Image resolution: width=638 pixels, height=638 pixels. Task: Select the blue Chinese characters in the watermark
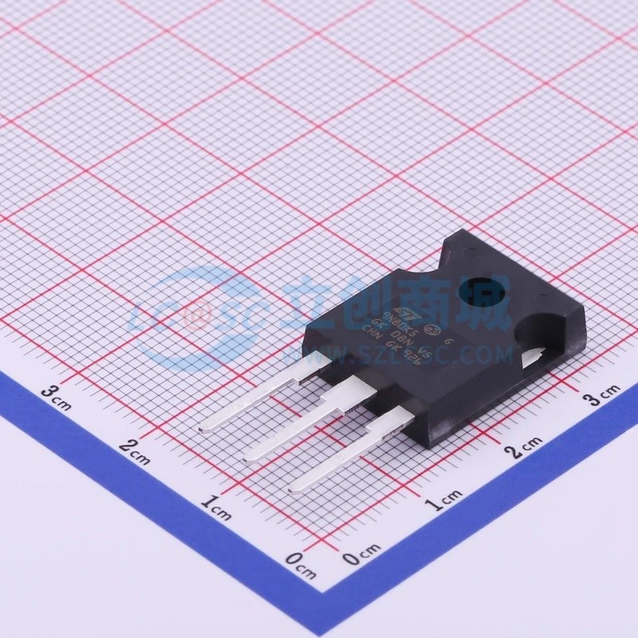coord(403,301)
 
